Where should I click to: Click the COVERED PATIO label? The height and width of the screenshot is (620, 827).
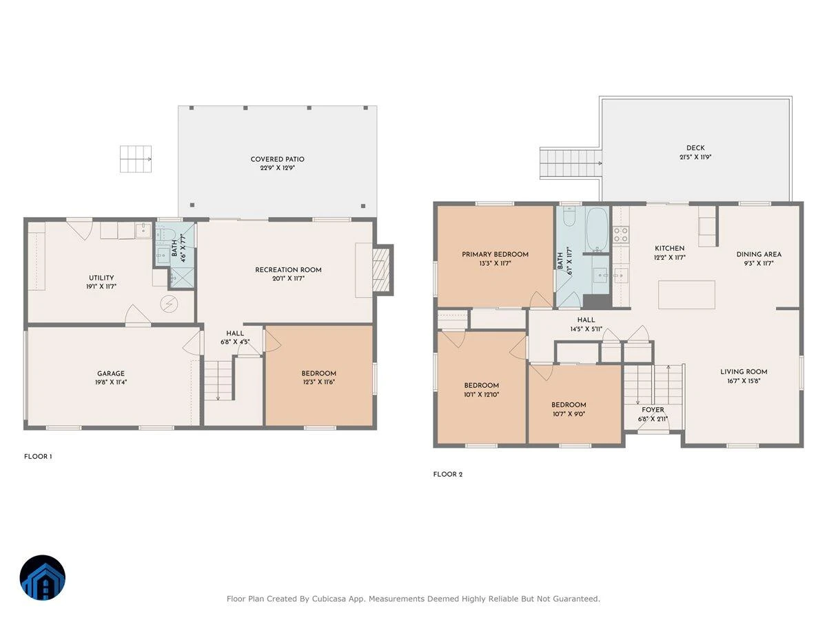click(277, 159)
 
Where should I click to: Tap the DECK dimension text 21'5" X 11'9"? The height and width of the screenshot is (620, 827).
click(695, 157)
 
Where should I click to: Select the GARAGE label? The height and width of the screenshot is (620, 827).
click(111, 373)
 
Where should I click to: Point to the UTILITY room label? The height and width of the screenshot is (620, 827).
click(101, 278)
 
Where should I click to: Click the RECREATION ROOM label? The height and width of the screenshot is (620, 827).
click(288, 270)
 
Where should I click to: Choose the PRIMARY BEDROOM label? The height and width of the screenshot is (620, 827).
click(495, 254)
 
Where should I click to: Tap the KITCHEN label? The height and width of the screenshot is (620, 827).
click(669, 249)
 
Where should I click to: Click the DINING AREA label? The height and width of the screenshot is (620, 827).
click(759, 254)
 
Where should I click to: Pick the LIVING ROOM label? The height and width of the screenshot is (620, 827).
click(744, 372)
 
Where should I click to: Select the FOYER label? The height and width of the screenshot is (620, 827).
click(653, 410)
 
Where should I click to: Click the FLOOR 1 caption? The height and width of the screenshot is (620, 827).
click(38, 457)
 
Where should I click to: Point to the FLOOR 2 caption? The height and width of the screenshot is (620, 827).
click(447, 475)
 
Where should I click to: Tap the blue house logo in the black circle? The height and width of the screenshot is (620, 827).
click(43, 577)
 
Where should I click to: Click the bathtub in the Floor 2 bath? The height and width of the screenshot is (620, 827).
click(597, 229)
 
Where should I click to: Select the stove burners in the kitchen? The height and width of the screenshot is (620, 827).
click(620, 234)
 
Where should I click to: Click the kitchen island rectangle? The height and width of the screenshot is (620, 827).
click(686, 295)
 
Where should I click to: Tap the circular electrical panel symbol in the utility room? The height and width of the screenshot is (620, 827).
click(169, 304)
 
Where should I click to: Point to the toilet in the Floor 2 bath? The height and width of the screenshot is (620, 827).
click(569, 216)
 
